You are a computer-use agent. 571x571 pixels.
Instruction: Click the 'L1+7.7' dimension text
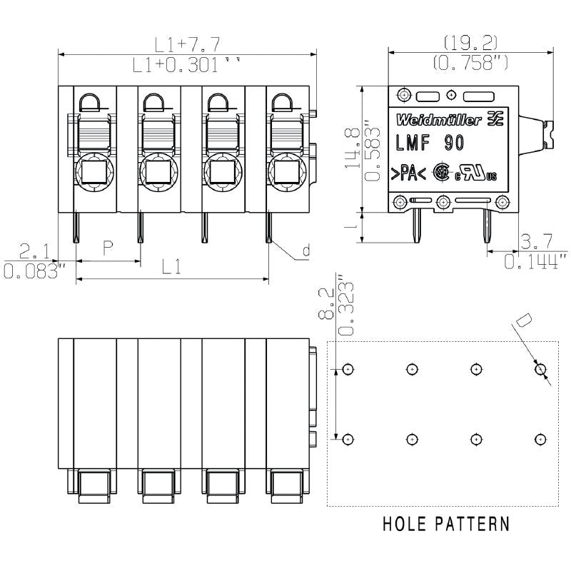(x=186, y=45)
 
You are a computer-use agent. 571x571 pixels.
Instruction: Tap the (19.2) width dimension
(x=470, y=42)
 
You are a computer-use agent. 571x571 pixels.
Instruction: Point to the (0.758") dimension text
(x=470, y=63)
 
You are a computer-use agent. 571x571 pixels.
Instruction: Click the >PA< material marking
(x=408, y=174)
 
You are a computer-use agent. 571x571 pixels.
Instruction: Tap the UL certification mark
(x=476, y=173)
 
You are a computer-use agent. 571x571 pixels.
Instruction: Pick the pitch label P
(x=108, y=248)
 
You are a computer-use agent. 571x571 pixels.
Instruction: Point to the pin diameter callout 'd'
(x=305, y=251)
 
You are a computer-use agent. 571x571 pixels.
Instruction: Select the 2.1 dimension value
(x=34, y=251)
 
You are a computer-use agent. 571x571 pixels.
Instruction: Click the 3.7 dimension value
(x=535, y=241)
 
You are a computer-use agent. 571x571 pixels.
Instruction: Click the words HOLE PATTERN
(x=446, y=524)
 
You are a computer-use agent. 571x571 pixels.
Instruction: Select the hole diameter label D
(x=522, y=322)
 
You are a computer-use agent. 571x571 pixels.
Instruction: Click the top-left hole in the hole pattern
(x=348, y=369)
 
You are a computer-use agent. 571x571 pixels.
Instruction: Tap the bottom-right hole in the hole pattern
(x=540, y=438)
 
